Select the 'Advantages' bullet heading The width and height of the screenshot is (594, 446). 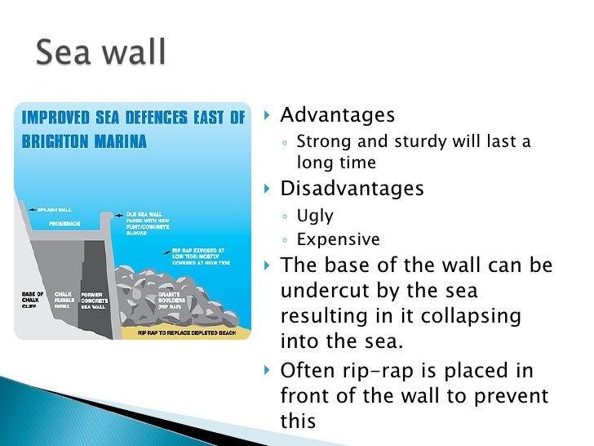point(337,115)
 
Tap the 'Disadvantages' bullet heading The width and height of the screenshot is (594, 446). point(352,189)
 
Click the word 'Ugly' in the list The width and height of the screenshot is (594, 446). point(315,216)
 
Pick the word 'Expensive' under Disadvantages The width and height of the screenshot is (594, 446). point(338,239)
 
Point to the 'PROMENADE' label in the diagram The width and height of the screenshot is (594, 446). point(63,222)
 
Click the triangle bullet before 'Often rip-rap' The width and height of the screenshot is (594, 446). point(268,372)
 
